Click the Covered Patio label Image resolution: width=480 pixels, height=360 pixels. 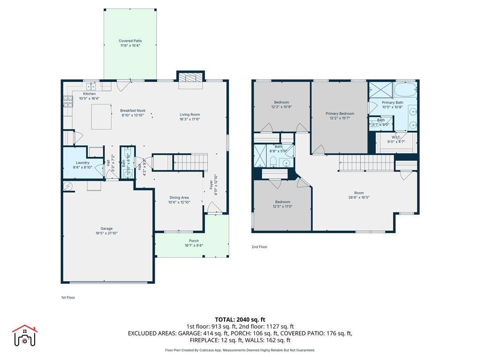[x=130, y=41]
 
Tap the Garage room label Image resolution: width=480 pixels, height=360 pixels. [x=106, y=229]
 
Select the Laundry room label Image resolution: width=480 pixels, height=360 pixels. [x=82, y=163]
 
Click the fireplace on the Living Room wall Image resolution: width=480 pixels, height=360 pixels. [x=190, y=78]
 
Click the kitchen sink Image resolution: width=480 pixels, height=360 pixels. [x=90, y=86]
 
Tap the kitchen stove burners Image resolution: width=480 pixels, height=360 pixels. [x=67, y=101]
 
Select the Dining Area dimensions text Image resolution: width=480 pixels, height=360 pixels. [x=179, y=202]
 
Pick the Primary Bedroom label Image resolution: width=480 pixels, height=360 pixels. [x=340, y=113]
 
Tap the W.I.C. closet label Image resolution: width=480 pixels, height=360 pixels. [x=396, y=137]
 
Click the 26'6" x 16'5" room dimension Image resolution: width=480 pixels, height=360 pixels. [x=359, y=197]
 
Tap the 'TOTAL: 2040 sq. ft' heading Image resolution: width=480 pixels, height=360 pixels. [x=240, y=319]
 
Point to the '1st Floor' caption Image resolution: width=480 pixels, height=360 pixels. [x=68, y=298]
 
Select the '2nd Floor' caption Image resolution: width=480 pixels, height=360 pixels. [x=259, y=247]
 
